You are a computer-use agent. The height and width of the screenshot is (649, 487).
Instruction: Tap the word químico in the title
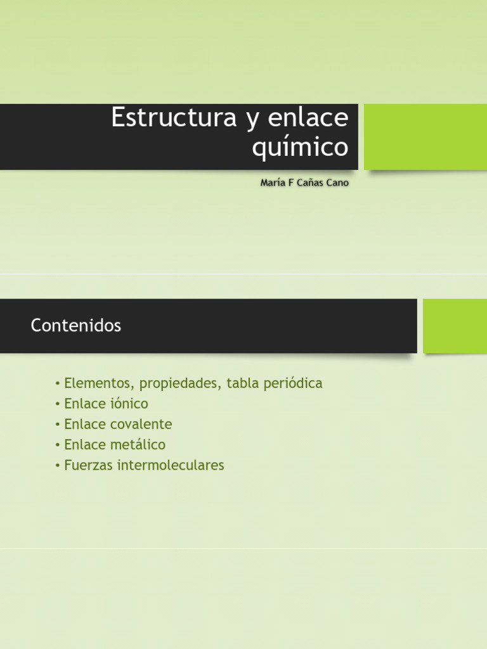tap(300, 148)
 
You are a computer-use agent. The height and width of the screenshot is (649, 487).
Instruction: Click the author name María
tap(274, 183)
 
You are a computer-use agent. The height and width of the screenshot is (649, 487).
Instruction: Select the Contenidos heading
tap(75, 326)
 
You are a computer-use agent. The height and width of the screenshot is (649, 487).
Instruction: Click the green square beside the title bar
tap(425, 137)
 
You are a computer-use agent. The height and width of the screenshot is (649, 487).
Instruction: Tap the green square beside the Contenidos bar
tap(455, 326)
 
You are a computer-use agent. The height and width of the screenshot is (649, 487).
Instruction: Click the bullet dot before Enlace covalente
tap(58, 425)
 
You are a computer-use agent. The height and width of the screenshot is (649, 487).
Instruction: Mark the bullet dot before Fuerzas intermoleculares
tap(58, 465)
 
